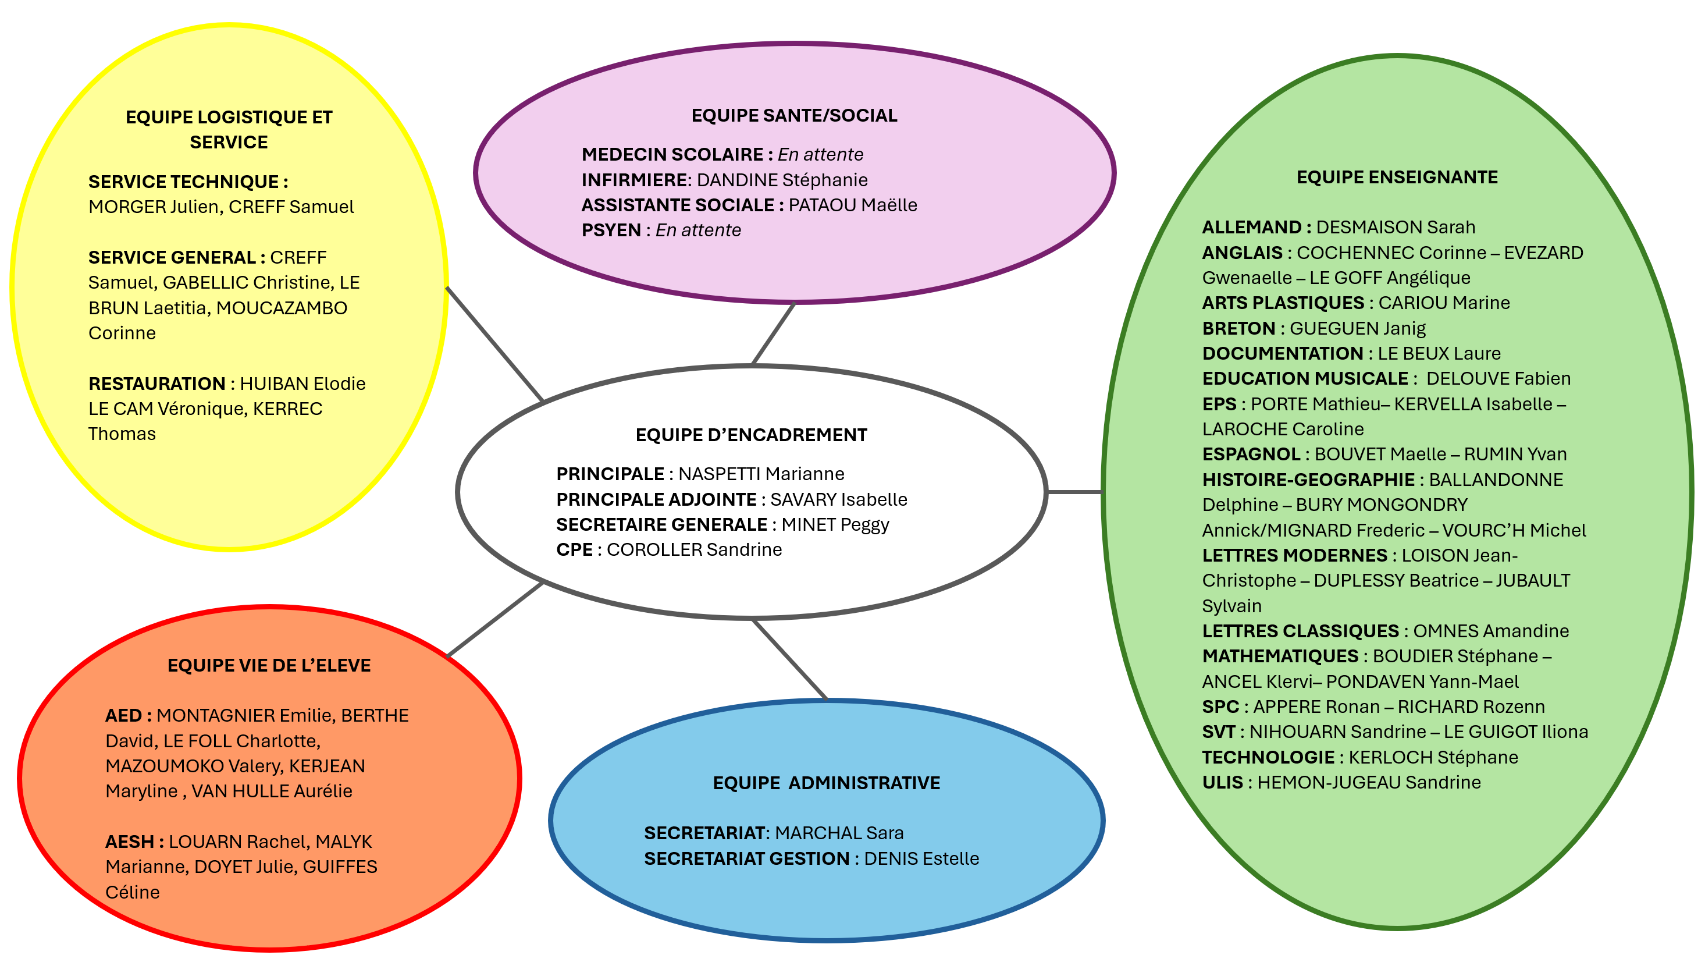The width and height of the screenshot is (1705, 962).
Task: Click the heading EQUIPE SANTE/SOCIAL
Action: click(793, 116)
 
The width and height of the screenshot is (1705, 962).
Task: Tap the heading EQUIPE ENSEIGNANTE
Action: click(1397, 178)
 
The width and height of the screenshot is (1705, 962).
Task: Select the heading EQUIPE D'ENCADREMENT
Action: click(750, 435)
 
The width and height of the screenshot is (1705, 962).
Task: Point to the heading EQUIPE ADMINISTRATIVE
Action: click(825, 783)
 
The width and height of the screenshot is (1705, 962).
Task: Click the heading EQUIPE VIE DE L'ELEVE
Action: click(269, 665)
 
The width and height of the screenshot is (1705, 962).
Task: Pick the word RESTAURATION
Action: click(157, 384)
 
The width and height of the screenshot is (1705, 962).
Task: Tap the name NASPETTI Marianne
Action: click(761, 474)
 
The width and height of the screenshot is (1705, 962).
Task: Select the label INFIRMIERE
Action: click(634, 180)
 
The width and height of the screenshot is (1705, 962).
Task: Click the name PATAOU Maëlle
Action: click(853, 205)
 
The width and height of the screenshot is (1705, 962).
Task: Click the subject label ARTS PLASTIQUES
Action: click(1283, 303)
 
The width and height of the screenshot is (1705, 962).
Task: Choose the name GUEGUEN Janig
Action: click(1358, 328)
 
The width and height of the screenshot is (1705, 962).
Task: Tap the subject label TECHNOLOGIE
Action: click(1268, 757)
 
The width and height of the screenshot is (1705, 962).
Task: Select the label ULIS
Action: click(1222, 783)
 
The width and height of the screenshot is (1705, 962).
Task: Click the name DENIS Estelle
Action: click(921, 859)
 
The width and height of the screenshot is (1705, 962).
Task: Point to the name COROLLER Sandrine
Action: click(695, 549)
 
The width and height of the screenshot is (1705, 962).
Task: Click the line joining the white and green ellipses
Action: click(1074, 492)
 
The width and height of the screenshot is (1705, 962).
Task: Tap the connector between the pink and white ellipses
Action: click(773, 333)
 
